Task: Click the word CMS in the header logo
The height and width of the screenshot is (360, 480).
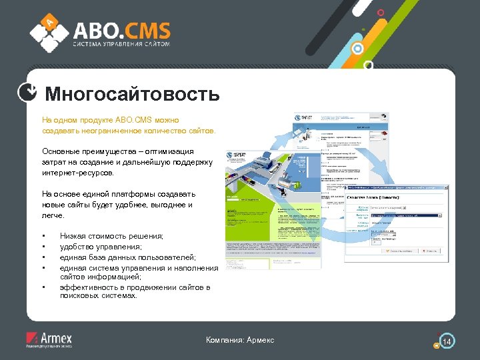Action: pos(146,30)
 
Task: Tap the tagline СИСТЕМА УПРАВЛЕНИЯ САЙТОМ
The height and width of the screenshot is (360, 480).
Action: pos(122,45)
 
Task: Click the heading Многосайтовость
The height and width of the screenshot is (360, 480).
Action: pos(132,94)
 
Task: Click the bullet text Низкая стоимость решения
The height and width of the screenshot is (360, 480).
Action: pos(111,236)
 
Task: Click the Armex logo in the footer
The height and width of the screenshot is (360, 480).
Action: pos(48,339)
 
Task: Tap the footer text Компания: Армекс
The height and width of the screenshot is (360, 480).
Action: pos(240,341)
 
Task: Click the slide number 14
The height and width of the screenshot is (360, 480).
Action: pos(447,342)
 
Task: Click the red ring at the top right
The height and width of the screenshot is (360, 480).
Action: pos(381,12)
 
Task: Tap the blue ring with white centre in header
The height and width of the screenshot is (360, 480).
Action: pos(358,49)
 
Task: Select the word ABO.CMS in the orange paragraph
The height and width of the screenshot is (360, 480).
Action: pos(135,121)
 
